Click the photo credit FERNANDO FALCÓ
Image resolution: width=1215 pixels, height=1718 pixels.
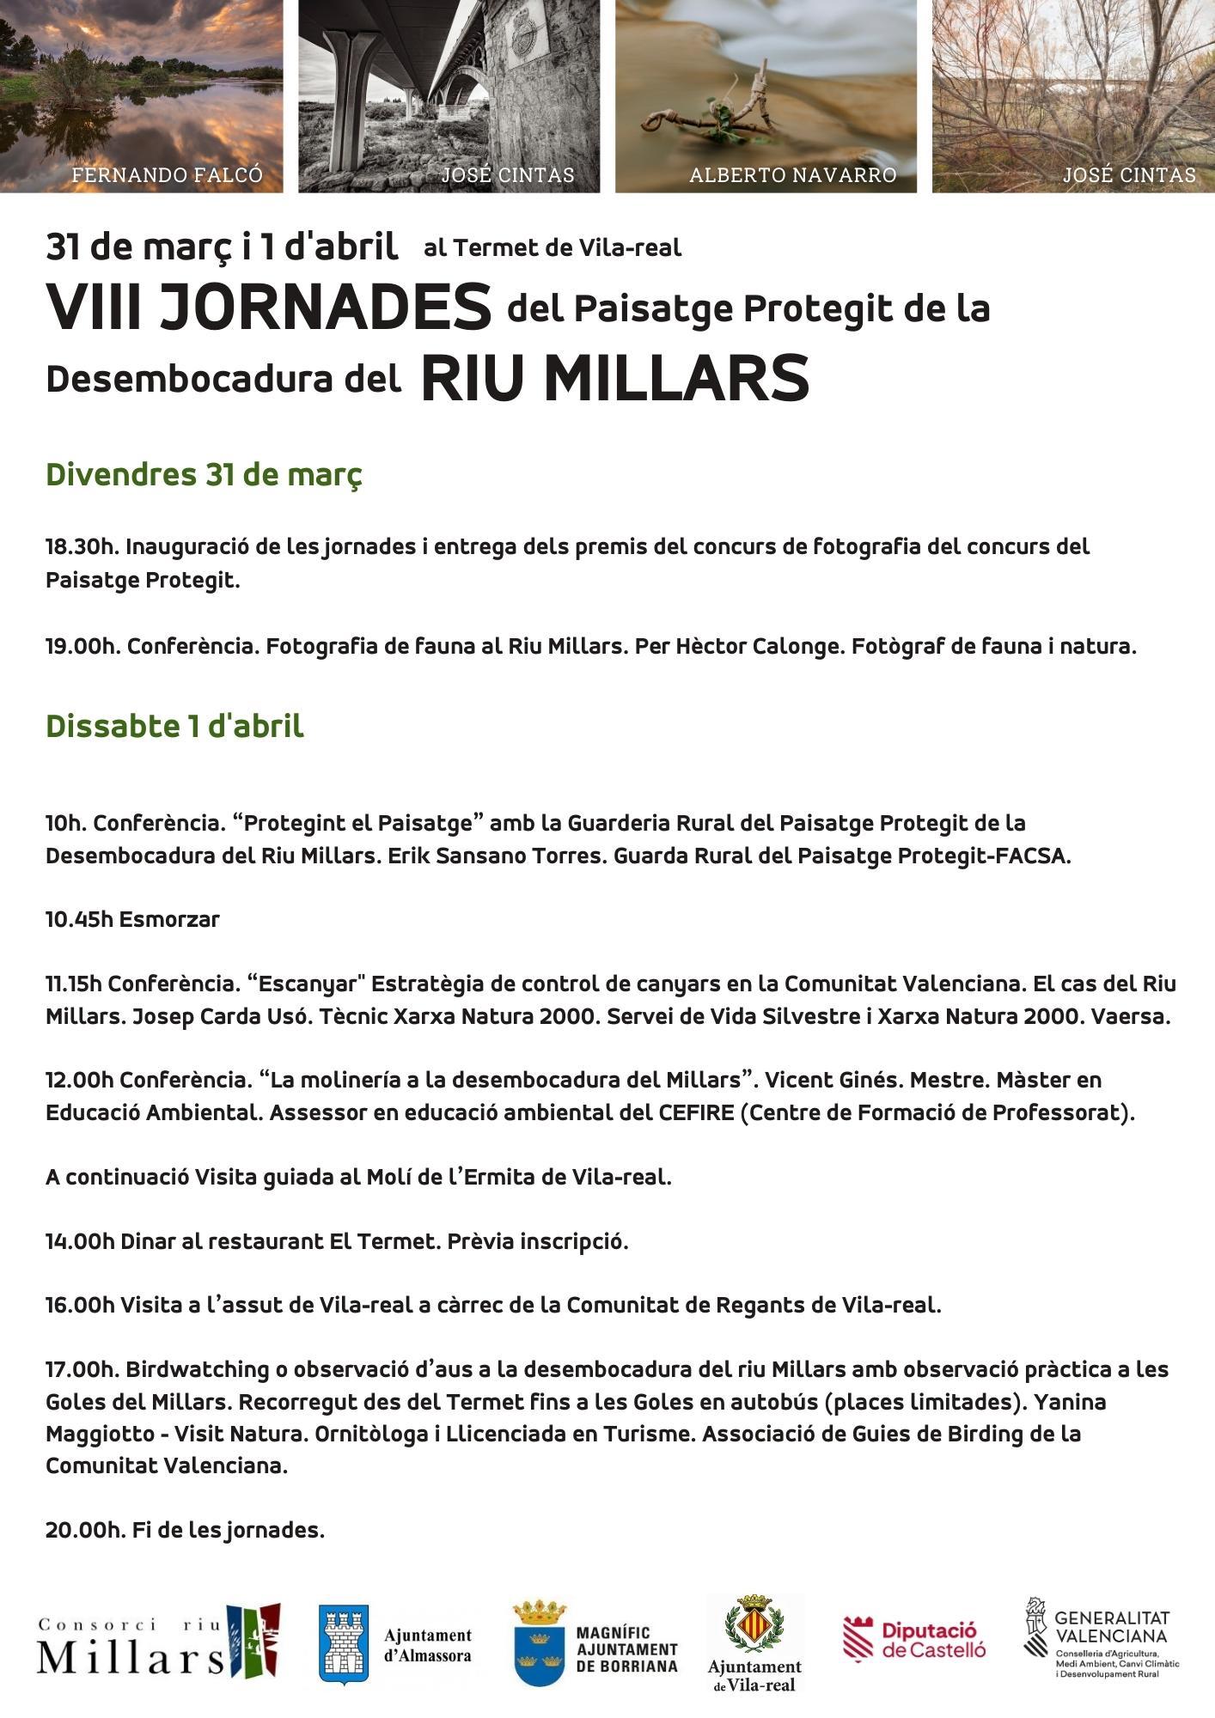pyautogui.click(x=166, y=175)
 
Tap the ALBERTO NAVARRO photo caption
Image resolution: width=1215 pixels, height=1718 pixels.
pyautogui.click(x=792, y=175)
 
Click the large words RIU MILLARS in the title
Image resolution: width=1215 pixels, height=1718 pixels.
pyautogui.click(x=615, y=378)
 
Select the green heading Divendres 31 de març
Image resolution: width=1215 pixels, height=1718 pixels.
pyautogui.click(x=204, y=474)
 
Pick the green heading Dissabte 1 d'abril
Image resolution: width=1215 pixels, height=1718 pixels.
pyautogui.click(x=174, y=726)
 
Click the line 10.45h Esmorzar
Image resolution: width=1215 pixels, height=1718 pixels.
pyautogui.click(x=132, y=919)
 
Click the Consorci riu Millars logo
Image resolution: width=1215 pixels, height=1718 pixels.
pyautogui.click(x=158, y=1641)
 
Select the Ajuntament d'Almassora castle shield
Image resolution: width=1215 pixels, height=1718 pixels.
pyautogui.click(x=344, y=1643)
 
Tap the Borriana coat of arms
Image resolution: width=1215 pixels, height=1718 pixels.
pyautogui.click(x=540, y=1642)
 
